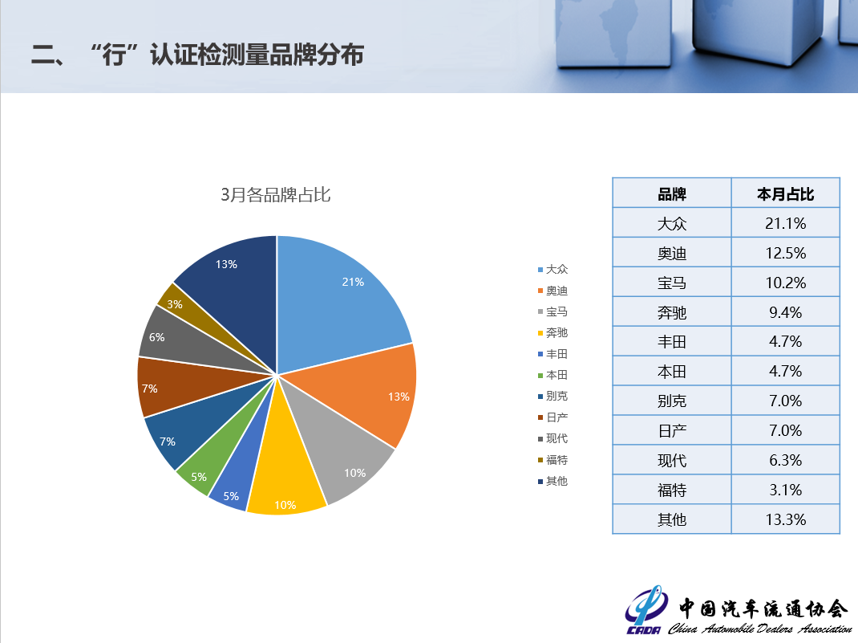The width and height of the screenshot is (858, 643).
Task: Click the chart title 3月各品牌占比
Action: (275, 194)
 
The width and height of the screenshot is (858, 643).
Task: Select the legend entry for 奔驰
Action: (552, 332)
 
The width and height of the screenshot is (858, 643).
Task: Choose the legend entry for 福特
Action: (552, 459)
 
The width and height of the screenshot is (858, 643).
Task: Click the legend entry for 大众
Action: (552, 269)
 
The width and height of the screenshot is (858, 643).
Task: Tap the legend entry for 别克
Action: (552, 396)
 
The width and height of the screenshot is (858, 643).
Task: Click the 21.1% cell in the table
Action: (785, 223)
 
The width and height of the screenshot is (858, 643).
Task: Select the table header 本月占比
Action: (785, 194)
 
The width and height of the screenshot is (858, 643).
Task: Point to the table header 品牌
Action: (671, 194)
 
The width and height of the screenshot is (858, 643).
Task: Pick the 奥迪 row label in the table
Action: (671, 253)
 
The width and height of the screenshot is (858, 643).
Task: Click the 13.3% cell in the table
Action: (785, 519)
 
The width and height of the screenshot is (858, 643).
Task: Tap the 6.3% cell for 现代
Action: (785, 459)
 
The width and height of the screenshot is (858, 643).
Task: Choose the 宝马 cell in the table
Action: (671, 283)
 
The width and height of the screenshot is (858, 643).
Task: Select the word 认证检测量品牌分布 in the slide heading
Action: (257, 55)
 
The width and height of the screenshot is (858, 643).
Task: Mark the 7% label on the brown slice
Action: (149, 389)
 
